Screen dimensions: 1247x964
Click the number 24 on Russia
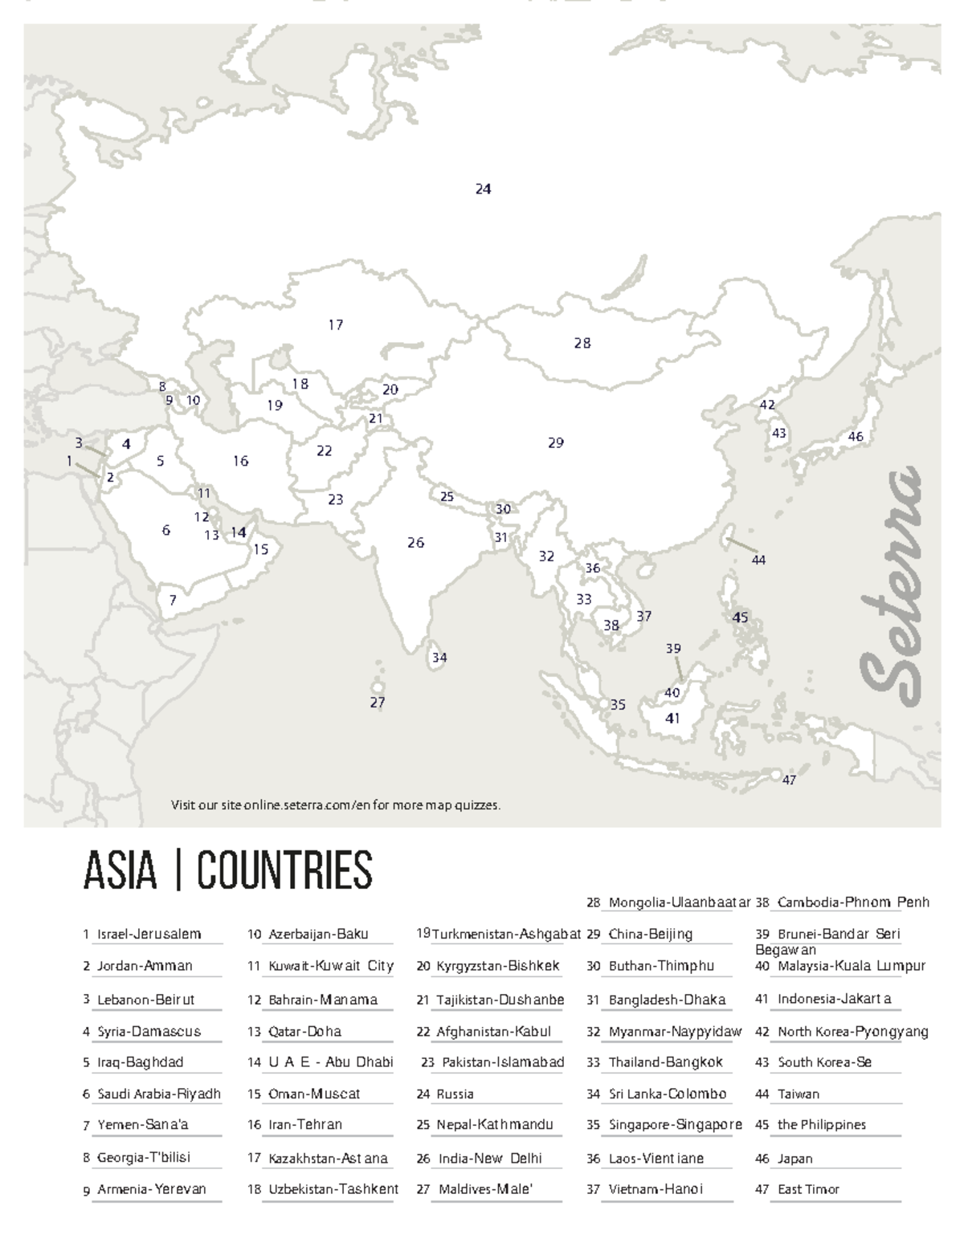[483, 189]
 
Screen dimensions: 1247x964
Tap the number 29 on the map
[556, 442]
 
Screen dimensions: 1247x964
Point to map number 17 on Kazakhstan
[336, 325]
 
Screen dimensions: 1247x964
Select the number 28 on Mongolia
[582, 344]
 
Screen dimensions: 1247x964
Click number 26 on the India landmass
[415, 543]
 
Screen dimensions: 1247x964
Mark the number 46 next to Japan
[856, 437]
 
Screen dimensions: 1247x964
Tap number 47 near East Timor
[789, 780]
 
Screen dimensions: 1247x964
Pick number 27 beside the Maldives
[378, 703]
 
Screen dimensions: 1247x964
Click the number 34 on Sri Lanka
[439, 658]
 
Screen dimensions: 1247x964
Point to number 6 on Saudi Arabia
[166, 531]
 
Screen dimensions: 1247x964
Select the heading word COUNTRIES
[285, 870]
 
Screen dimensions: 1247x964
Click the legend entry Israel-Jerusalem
[149, 934]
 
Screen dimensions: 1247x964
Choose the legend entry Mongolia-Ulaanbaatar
[679, 903]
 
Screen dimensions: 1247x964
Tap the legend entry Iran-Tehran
[305, 1125]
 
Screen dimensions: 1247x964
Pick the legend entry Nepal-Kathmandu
[494, 1125]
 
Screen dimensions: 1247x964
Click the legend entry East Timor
[808, 1189]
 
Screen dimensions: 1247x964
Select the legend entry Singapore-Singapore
[675, 1125]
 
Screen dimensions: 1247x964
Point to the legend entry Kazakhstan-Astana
[328, 1158]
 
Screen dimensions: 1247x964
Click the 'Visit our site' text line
[336, 805]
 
